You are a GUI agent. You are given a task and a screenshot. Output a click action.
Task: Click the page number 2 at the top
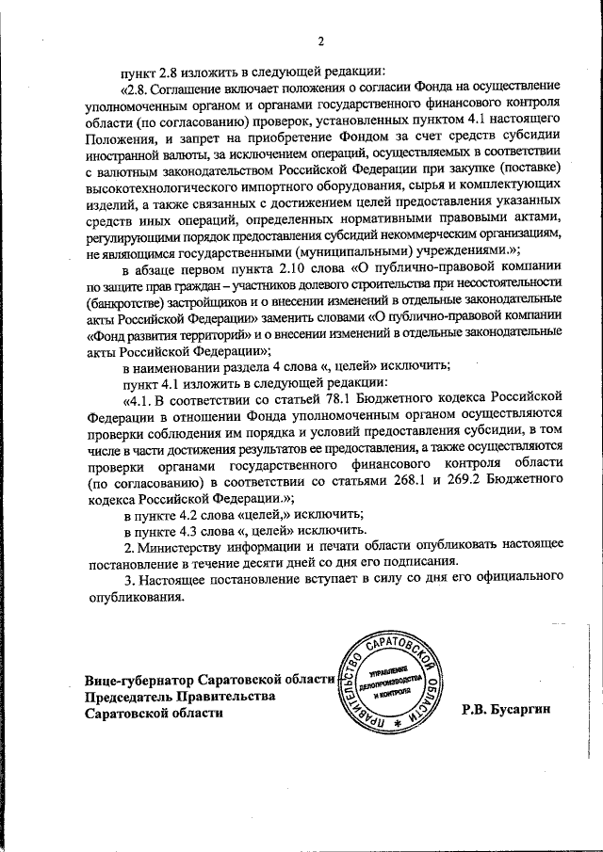(320, 41)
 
